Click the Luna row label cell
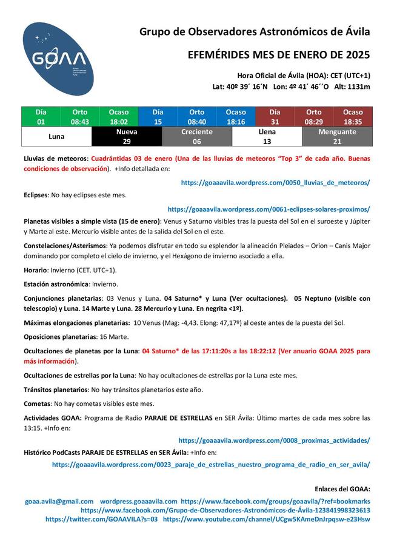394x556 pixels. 56,137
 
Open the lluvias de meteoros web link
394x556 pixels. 275,182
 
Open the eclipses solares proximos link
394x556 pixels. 269,209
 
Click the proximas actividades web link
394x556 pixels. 274,440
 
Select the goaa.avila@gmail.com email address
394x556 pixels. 59,502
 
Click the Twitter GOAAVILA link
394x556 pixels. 101,519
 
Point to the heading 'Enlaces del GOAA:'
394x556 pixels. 342,489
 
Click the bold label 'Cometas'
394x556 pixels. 37,404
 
